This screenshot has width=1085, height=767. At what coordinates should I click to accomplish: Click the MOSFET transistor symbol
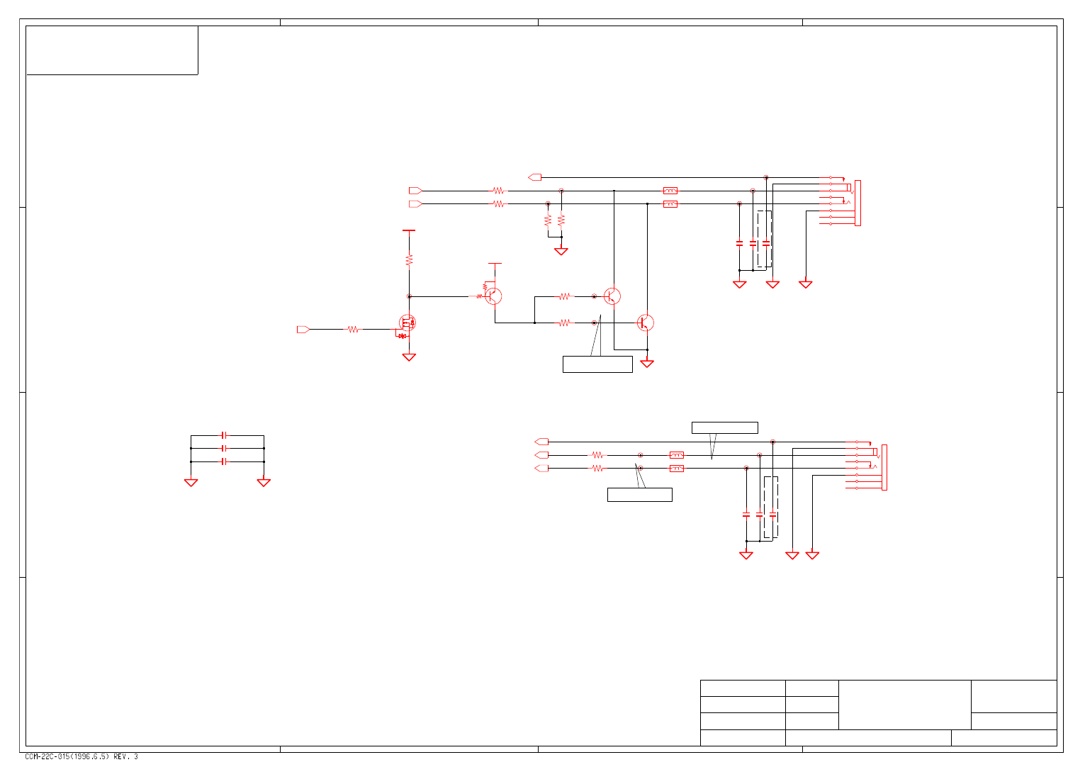coord(407,323)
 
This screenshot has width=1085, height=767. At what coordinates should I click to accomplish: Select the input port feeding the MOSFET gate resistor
coord(303,330)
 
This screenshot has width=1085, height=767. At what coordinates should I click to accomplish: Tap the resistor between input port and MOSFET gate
coord(353,330)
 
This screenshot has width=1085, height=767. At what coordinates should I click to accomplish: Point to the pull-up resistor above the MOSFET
coord(409,260)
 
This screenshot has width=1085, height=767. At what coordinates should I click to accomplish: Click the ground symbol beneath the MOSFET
coord(409,357)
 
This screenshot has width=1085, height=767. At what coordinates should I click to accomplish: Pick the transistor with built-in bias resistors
coord(492,296)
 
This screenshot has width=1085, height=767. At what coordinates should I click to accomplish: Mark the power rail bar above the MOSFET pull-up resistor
coord(408,230)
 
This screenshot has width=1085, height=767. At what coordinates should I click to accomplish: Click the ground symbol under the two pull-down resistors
coord(561,252)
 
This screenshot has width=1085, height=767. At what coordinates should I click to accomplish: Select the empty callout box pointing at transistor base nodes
coord(597,364)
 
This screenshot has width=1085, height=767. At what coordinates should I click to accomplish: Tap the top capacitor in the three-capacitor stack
coord(225,435)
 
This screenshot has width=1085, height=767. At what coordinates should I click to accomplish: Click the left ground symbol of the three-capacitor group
coord(191,483)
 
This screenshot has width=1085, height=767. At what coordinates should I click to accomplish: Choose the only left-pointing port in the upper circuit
coord(535,177)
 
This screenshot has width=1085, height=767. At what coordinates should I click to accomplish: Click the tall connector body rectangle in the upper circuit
coord(858,203)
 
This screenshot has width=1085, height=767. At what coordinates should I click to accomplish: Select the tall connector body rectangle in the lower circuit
coord(884,467)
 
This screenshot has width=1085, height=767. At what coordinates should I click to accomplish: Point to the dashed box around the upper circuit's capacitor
coord(764,239)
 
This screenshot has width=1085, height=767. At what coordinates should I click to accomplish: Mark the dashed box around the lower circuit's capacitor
coord(771,507)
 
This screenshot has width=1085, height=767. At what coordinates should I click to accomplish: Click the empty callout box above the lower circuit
coord(724,428)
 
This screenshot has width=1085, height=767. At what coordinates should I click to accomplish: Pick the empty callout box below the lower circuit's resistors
coord(639,495)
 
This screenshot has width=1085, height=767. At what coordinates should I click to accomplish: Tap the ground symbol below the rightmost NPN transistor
coord(647,364)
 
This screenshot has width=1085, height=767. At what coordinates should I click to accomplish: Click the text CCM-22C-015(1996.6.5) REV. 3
coord(81,757)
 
